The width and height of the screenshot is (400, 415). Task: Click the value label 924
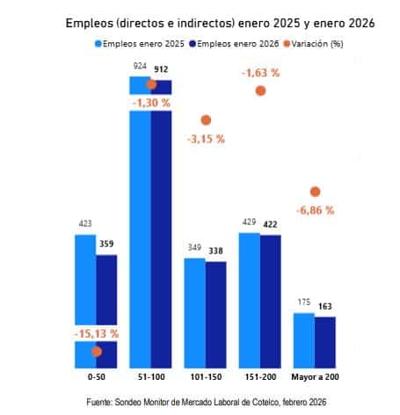click(140, 67)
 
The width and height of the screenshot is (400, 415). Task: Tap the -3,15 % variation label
click(206, 139)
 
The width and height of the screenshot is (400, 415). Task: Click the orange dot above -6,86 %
click(316, 192)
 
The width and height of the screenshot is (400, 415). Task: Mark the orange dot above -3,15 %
click(206, 120)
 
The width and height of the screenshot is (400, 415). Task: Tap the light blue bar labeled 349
click(194, 312)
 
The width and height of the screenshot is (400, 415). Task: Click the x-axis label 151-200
click(260, 377)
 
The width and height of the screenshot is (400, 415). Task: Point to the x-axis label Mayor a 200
click(315, 377)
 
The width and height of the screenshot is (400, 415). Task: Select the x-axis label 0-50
click(96, 377)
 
